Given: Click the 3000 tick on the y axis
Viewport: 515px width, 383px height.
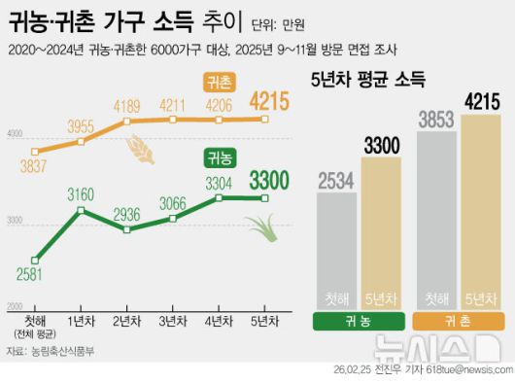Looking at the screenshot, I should click(14, 223).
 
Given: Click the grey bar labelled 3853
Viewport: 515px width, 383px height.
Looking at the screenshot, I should click(436, 219).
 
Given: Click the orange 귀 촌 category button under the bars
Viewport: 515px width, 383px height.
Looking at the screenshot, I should click(459, 322).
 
